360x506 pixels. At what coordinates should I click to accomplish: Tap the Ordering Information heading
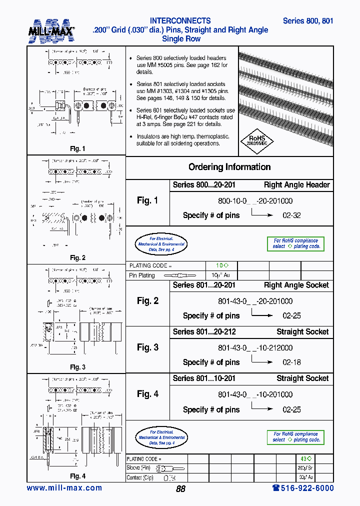coord(229,167)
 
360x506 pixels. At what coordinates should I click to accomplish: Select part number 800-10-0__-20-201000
coord(255,200)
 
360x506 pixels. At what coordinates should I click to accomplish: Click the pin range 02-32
coord(291,215)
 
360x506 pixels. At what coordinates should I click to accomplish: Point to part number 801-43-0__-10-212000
coord(255,347)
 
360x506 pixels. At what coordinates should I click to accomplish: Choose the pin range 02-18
coord(291,362)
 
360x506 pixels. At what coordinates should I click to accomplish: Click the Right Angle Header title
coord(296,185)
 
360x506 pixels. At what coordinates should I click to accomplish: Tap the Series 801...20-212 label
coord(204,331)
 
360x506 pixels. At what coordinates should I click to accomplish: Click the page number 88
coord(180,489)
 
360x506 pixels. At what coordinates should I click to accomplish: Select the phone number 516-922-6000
coord(302,488)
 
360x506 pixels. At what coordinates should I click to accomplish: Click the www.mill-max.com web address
coord(64,488)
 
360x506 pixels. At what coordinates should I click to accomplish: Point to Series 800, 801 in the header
coord(308,21)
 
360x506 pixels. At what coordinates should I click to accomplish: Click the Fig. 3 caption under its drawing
coord(77,367)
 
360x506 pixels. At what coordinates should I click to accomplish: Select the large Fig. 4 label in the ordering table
coord(147,394)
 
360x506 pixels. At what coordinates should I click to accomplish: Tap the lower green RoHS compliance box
coord(295,437)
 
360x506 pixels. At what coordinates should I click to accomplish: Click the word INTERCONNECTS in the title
coord(180,21)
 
